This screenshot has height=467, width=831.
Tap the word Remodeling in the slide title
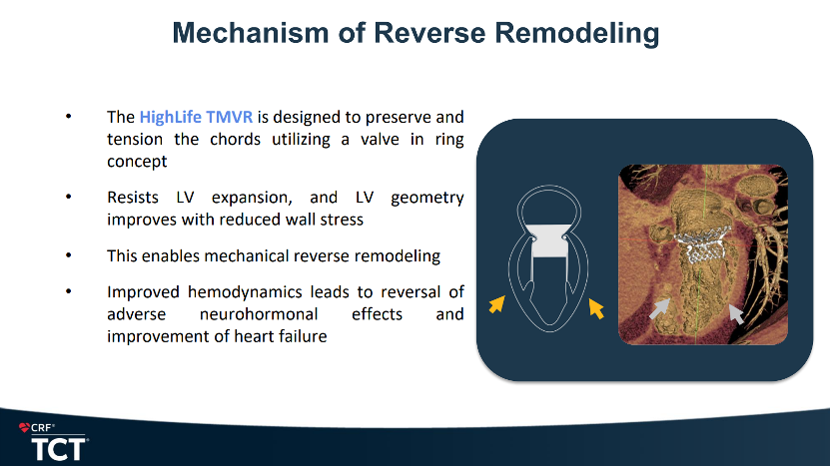(x=577, y=34)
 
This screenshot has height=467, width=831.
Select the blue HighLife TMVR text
(x=196, y=117)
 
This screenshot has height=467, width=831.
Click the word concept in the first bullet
(x=137, y=162)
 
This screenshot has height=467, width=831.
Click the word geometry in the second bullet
(x=427, y=198)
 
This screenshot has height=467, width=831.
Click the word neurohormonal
(x=259, y=314)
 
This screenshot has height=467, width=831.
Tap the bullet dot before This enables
(x=68, y=255)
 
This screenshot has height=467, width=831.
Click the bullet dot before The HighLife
(x=68, y=117)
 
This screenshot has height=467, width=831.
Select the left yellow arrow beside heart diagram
(x=496, y=304)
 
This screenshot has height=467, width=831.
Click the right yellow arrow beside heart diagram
(x=596, y=308)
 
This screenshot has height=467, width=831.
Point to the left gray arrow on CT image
(x=659, y=309)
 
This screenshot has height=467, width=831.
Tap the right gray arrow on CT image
(x=736, y=314)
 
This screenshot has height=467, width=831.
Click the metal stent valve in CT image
(x=703, y=241)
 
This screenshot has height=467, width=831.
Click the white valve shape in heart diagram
(x=549, y=241)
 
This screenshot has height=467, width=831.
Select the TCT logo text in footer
(x=59, y=449)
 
